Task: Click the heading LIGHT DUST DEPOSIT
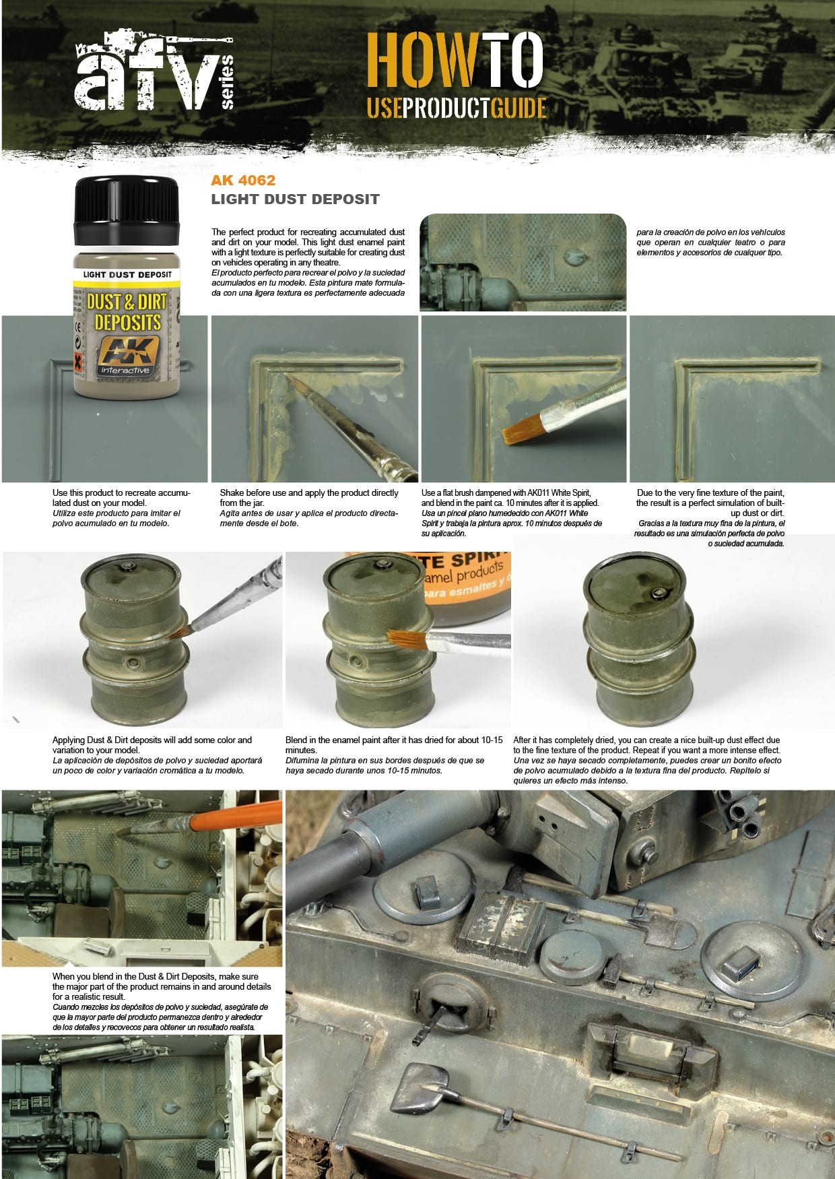295,199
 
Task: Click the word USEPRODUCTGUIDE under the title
456,108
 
